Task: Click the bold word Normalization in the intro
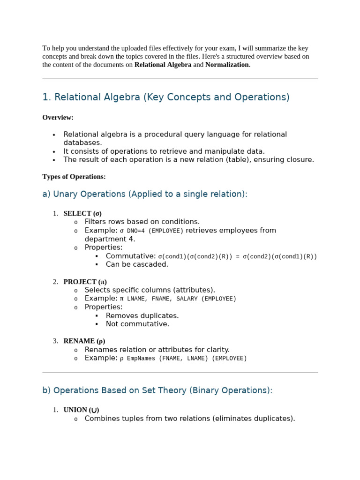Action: (x=227, y=65)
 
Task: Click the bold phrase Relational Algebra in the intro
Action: (x=163, y=65)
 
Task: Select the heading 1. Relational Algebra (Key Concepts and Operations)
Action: (x=166, y=97)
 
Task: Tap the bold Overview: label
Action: (x=58, y=118)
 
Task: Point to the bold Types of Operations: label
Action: (x=74, y=177)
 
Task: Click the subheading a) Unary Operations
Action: (x=145, y=194)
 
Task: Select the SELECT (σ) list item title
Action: (x=82, y=213)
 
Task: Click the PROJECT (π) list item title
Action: (x=85, y=282)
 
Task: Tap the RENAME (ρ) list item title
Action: (x=84, y=341)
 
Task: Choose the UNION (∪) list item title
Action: (x=81, y=410)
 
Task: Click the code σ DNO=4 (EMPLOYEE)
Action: (x=151, y=231)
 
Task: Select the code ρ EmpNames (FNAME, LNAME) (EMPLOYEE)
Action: (x=183, y=358)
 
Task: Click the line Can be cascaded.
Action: (x=137, y=264)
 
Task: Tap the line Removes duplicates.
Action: (x=142, y=315)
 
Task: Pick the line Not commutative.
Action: (x=137, y=324)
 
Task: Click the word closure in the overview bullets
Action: (x=299, y=159)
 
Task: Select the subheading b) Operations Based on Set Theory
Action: (x=157, y=390)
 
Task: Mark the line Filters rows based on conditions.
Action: (x=142, y=222)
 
